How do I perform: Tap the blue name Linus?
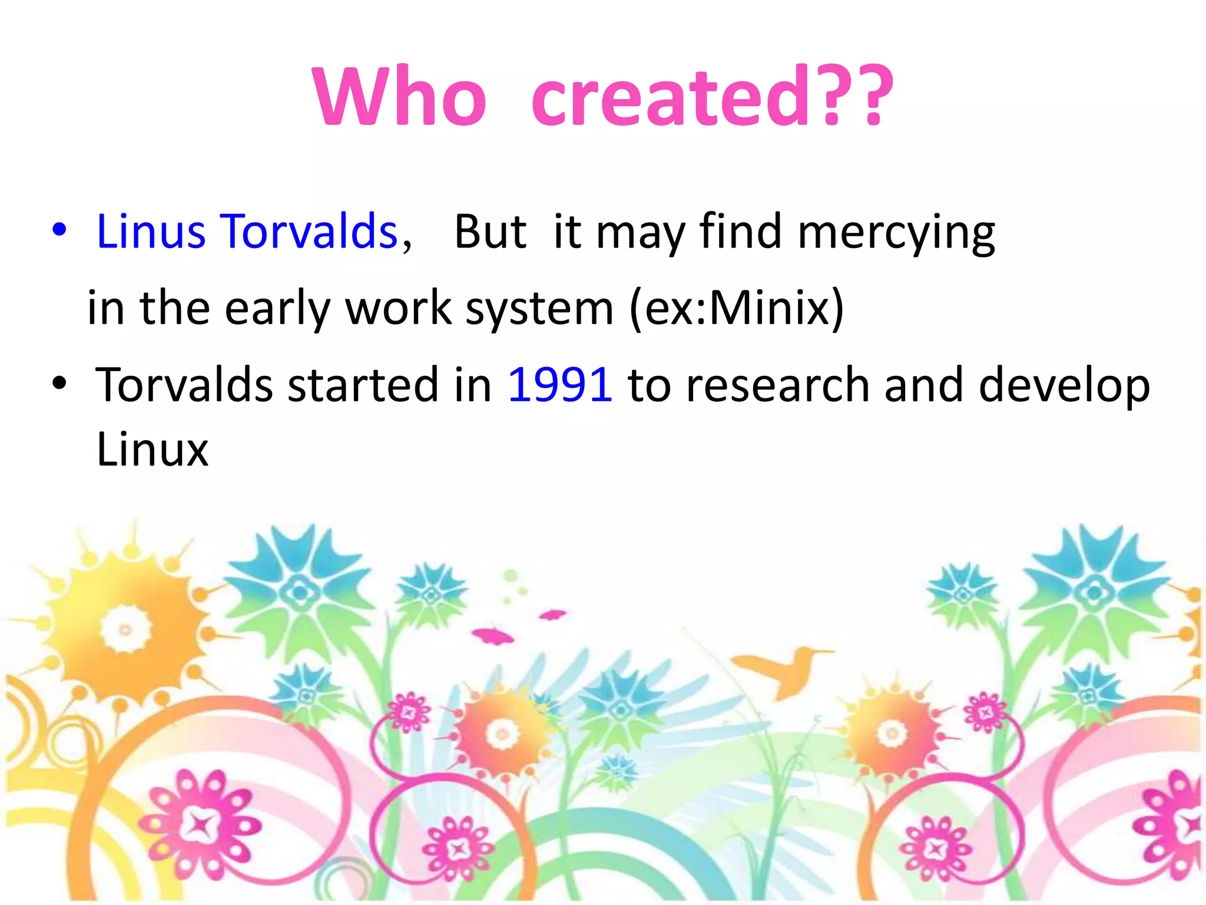(151, 231)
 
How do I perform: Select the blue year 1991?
(559, 385)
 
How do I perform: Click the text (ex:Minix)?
(736, 308)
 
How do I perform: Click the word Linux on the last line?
(153, 450)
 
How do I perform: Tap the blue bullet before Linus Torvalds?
(59, 230)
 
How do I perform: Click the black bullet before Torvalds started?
(59, 384)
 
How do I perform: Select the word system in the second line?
(539, 309)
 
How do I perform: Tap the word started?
(363, 385)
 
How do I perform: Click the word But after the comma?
(490, 232)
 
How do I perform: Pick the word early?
(277, 309)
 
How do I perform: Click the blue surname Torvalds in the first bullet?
(309, 231)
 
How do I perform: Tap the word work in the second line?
(399, 309)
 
